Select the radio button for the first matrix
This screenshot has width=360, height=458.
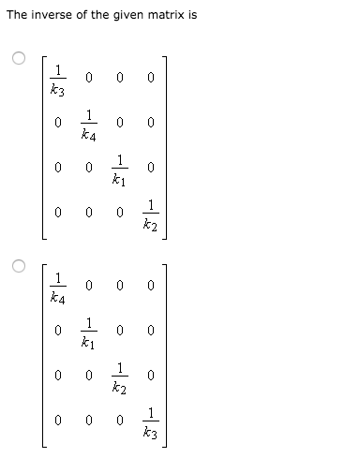click(17, 58)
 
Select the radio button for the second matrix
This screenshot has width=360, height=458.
click(17, 265)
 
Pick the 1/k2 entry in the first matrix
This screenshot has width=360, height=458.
click(150, 212)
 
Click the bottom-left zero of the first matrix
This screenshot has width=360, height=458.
click(58, 212)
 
